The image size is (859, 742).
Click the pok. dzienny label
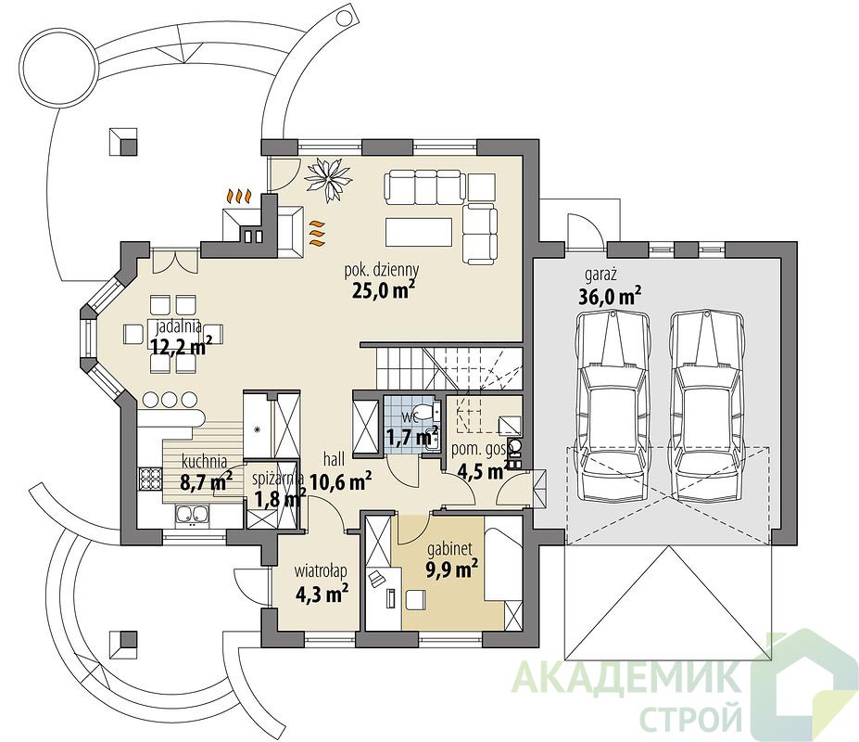coord(381,270)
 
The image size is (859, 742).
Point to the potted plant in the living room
coord(328,176)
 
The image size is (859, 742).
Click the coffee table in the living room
coord(419,232)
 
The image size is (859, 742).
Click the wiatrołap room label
coord(321,571)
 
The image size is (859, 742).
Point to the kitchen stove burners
coord(149,479)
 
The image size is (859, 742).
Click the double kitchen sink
coord(192,515)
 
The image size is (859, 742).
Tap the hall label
coord(335,459)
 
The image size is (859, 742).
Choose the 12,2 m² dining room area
coord(179,346)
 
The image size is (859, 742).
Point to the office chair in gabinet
coord(376,579)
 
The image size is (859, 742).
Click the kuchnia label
coord(205,462)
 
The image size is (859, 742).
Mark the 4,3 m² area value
coord(322,594)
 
